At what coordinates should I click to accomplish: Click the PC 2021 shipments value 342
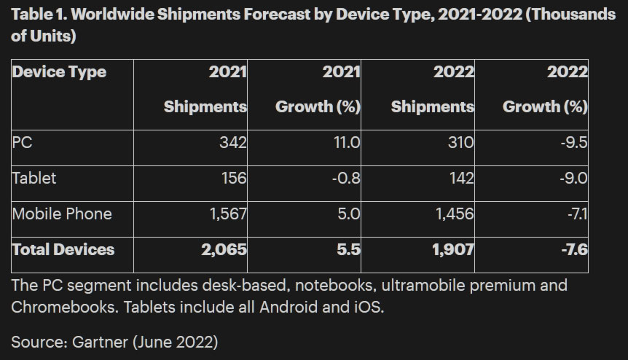[232, 143]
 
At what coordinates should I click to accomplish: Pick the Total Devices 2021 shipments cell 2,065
[223, 250]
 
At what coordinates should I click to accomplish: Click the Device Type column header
[59, 72]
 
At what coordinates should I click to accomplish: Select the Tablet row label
[34, 179]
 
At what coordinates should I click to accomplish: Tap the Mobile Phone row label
[62, 214]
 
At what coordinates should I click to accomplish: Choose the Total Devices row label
[63, 250]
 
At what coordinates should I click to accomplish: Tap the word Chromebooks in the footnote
[61, 308]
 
